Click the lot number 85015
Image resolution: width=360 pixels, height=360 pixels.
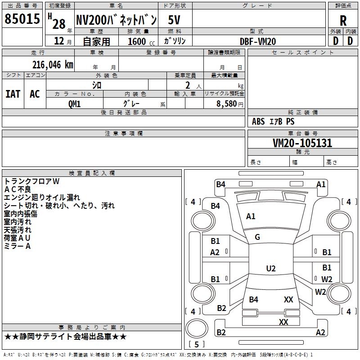22,19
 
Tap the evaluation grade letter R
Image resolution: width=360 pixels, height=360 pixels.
343,21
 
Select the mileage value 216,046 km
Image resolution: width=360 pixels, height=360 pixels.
53,64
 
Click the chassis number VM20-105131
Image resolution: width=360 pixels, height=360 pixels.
302,143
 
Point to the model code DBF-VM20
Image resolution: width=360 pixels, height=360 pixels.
258,41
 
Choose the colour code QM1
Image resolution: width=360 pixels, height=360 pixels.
74,103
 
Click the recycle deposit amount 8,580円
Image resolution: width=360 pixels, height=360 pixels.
230,103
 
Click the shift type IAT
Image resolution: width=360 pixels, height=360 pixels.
13,94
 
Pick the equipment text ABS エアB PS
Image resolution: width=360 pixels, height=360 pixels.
273,121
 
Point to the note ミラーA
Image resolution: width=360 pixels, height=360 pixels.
17,246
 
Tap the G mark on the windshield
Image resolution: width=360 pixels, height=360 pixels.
257,237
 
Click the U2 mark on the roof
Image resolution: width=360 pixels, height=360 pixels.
270,269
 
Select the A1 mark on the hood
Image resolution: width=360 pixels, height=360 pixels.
251,216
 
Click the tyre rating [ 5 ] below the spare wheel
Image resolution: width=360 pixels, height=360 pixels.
197,344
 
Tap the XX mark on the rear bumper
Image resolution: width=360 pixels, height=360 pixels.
283,322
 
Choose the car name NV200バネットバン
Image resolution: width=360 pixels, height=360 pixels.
116,20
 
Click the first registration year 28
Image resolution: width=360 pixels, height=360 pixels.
58,23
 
